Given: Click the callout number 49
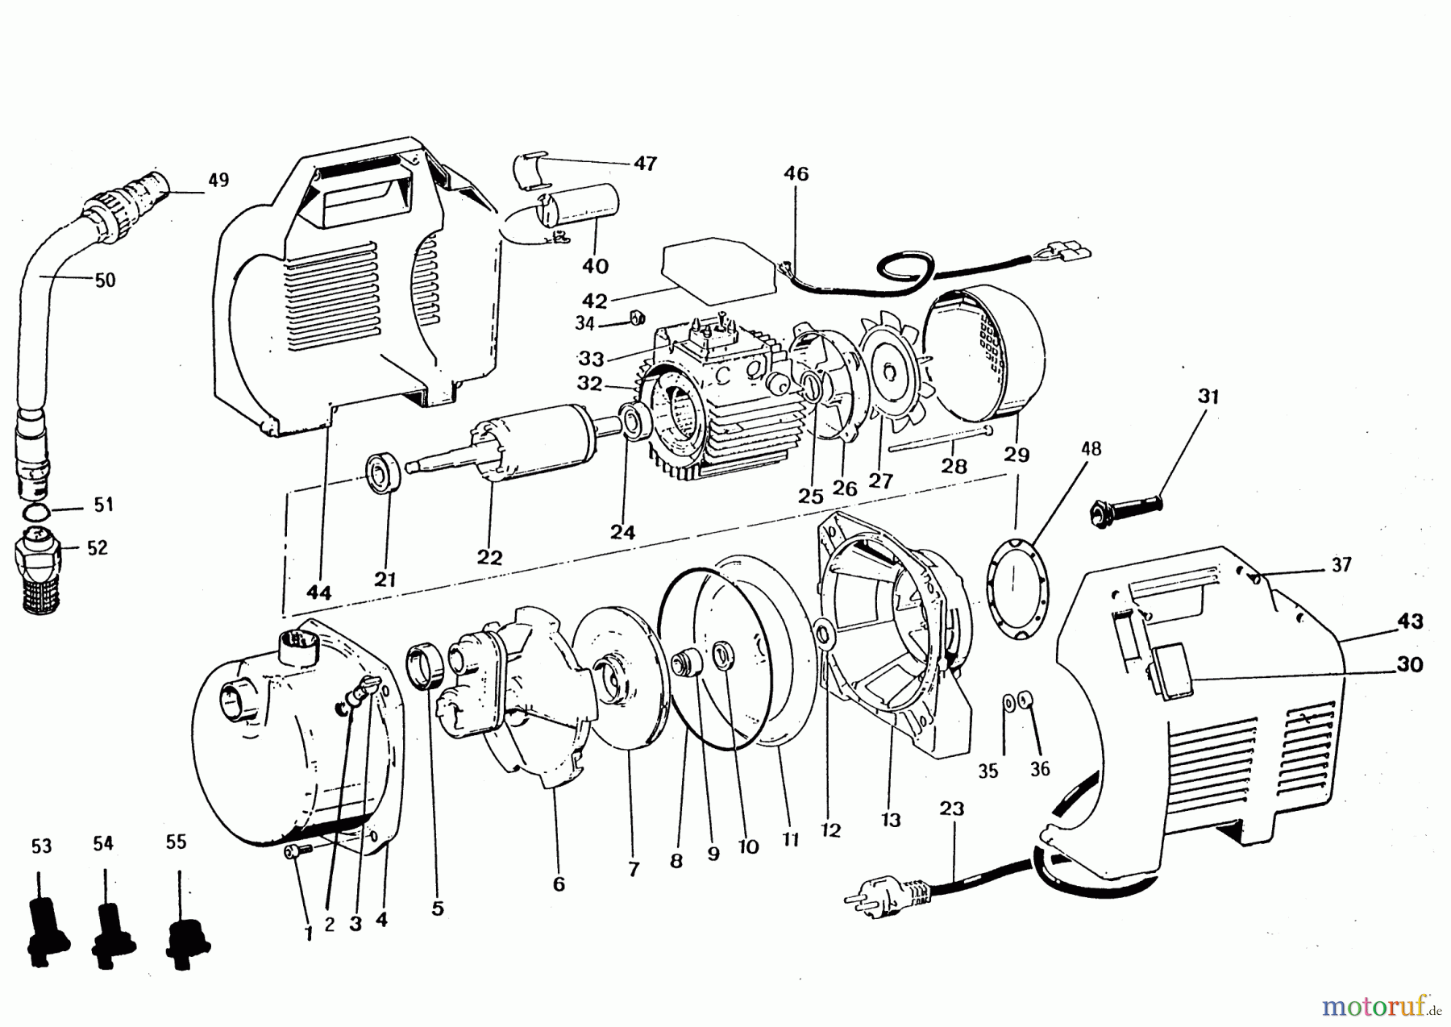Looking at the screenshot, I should click(218, 179).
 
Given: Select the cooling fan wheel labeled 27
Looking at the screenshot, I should click(890, 374).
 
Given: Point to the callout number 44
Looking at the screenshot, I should click(318, 592).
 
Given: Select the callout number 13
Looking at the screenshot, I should click(891, 820).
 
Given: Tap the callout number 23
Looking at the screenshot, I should click(951, 809).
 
